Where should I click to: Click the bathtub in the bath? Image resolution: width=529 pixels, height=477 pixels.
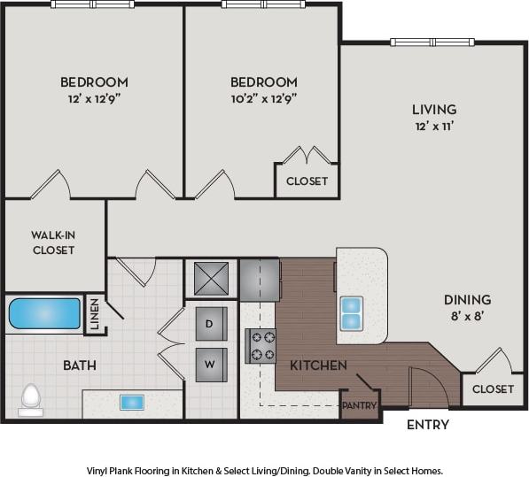tap(44, 314)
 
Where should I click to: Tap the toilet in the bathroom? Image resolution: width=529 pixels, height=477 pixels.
tap(31, 399)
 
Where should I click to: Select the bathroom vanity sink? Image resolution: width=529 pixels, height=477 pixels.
tap(129, 401)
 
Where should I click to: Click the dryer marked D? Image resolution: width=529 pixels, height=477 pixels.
tap(211, 323)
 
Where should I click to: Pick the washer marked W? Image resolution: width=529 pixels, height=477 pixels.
tap(211, 364)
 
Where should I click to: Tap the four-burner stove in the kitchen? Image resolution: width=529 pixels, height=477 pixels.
tap(261, 345)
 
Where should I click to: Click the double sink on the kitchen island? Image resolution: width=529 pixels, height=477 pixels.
tap(351, 312)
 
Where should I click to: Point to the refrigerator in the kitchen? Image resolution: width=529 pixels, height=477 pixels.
tap(260, 280)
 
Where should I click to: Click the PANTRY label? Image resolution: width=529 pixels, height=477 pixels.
tap(360, 406)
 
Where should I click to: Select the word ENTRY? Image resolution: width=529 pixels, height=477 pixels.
tap(427, 425)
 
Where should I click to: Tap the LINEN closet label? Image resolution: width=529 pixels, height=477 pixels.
tap(94, 315)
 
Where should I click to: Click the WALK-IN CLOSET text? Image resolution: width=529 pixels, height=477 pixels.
tap(52, 242)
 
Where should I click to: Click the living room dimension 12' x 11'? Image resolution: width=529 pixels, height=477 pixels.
tap(434, 127)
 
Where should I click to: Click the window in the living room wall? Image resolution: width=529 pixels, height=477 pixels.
tap(432, 42)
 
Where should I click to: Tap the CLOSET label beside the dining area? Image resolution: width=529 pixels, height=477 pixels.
tap(493, 389)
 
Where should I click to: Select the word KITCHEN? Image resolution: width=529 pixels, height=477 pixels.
tap(318, 365)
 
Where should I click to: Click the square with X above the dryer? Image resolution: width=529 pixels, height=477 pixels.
tap(211, 280)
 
